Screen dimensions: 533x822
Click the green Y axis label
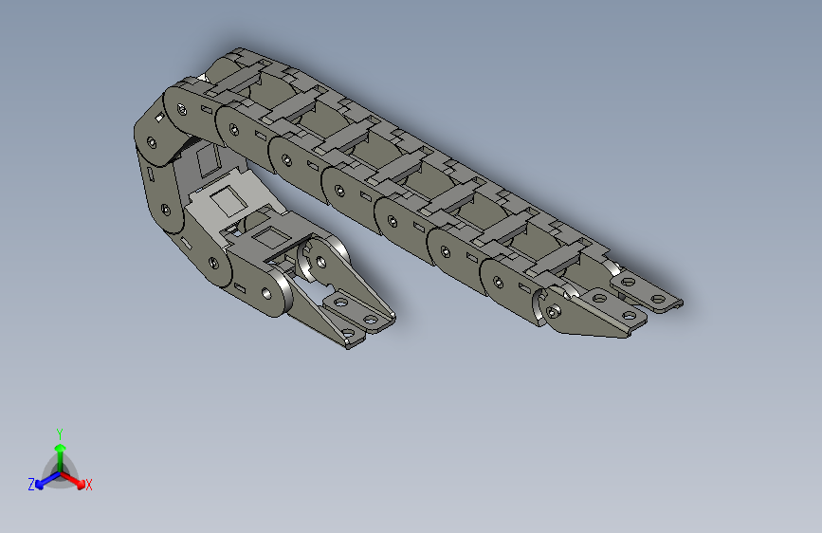tap(59, 432)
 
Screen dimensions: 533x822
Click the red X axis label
tap(88, 485)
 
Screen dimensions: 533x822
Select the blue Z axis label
tap(31, 485)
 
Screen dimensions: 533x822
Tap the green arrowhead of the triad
tap(59, 446)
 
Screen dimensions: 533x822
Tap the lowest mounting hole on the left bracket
tap(347, 332)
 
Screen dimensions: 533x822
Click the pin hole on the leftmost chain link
tap(151, 142)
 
